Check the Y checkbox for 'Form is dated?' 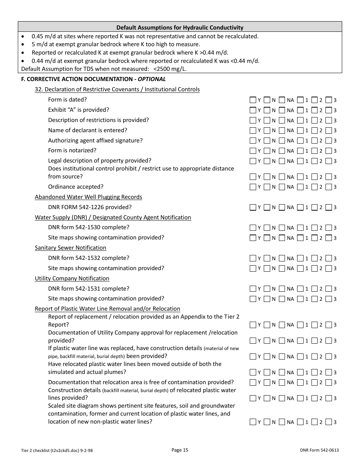[253, 100]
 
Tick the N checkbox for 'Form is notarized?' [267, 151]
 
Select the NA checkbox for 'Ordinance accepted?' [282, 187]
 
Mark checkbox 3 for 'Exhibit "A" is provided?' [329, 110]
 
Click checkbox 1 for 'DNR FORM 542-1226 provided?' [301, 207]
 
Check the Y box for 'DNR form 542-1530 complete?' [253, 228]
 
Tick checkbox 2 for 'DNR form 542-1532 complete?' [315, 258]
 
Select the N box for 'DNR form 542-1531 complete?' [267, 289]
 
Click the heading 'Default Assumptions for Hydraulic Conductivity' [180, 27]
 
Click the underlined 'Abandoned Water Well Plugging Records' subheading [88, 197]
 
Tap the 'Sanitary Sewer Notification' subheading [70, 248]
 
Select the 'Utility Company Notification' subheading [72, 278]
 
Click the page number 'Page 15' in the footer [180, 450]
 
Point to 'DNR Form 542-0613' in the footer [319, 450]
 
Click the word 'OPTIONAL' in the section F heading [152, 79]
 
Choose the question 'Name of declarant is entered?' [88, 130]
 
